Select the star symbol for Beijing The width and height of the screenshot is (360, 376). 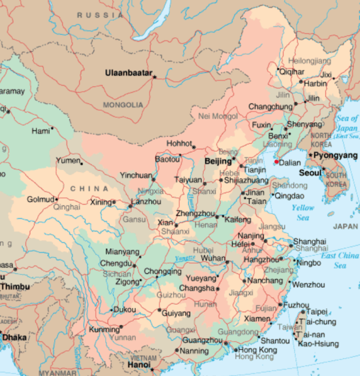pos(234,158)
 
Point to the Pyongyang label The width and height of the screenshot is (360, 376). pos(336,156)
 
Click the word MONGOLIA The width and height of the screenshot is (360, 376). pos(123,105)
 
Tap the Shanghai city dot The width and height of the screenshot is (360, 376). pos(289,242)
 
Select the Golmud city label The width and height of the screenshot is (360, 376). pos(41,199)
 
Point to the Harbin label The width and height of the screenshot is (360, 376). pos(316,83)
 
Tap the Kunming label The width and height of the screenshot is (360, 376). pos(104,330)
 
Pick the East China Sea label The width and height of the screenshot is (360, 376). pos(340,260)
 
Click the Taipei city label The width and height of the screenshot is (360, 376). pos(316,311)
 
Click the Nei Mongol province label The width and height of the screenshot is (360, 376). pos(218,116)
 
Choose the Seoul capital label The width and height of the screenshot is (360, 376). pos(310,173)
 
